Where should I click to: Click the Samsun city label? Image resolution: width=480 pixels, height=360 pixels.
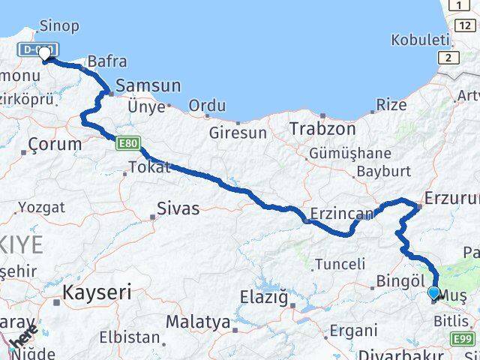pyautogui.click(x=148, y=86)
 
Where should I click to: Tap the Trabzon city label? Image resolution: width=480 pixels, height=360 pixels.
pyautogui.click(x=322, y=128)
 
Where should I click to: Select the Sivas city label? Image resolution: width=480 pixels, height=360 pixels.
pyautogui.click(x=178, y=208)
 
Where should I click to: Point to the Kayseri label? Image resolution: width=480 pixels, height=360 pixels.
pyautogui.click(x=97, y=291)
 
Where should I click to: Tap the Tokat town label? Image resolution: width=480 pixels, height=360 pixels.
pyautogui.click(x=150, y=167)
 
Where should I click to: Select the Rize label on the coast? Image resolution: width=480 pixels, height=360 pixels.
pyautogui.click(x=391, y=104)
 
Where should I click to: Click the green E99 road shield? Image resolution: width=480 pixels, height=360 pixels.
pyautogui.click(x=463, y=340)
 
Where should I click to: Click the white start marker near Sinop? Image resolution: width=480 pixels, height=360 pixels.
pyautogui.click(x=45, y=52)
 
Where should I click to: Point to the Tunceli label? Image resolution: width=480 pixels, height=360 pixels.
pyautogui.click(x=340, y=264)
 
